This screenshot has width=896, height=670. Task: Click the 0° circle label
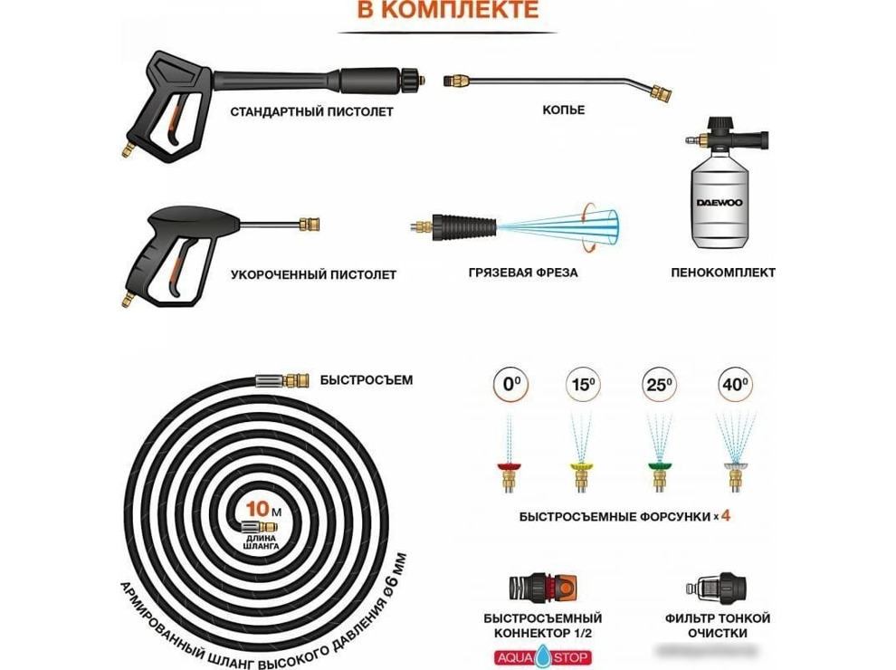pyautogui.click(x=510, y=384)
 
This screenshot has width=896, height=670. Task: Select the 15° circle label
pyautogui.click(x=584, y=384)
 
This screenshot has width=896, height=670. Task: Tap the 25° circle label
pyautogui.click(x=659, y=384)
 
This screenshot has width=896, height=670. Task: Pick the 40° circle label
pyautogui.click(x=735, y=384)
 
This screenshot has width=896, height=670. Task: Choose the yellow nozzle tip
pyautogui.click(x=582, y=467)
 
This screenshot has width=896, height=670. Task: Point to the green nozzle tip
pyautogui.click(x=659, y=467)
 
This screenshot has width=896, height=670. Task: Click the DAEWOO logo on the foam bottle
pyautogui.click(x=719, y=203)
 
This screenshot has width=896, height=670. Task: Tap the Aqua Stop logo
pyautogui.click(x=542, y=656)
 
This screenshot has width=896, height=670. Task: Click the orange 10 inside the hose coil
pyautogui.click(x=258, y=508)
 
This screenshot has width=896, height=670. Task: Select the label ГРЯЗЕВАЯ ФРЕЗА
pyautogui.click(x=523, y=273)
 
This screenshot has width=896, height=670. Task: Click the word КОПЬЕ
pyautogui.click(x=564, y=110)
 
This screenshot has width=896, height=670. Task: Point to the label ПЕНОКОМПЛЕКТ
pyautogui.click(x=723, y=273)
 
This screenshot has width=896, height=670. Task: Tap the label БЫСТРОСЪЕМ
pyautogui.click(x=367, y=380)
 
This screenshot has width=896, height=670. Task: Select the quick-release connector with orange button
pyautogui.click(x=542, y=589)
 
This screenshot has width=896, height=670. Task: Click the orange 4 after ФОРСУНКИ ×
pyautogui.click(x=726, y=516)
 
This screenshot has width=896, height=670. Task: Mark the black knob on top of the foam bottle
pyautogui.click(x=720, y=124)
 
